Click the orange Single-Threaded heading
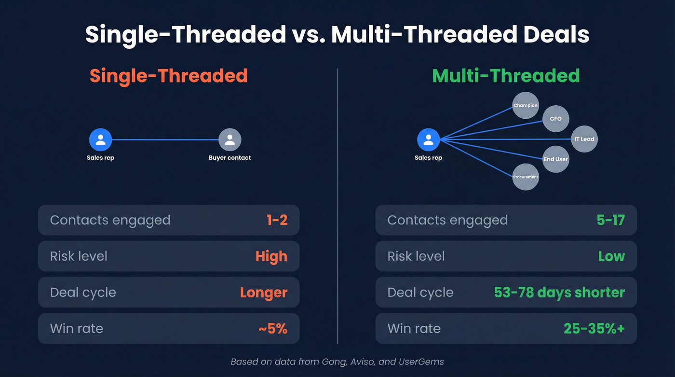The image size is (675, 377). click(168, 76)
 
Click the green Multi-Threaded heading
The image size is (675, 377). click(506, 76)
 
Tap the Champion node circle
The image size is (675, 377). click(525, 105)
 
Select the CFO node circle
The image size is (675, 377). click(555, 118)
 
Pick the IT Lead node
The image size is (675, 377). click(584, 139)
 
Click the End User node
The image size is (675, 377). click(555, 159)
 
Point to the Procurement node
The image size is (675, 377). click(525, 177)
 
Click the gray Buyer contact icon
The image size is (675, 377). click(229, 140)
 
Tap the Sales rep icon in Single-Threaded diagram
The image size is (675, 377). click(100, 140)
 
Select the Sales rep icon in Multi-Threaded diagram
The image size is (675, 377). click(428, 140)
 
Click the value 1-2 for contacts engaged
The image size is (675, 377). click(277, 220)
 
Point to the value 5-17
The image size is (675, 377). click(610, 220)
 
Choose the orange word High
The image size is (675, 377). click(271, 256)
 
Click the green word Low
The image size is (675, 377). click(611, 256)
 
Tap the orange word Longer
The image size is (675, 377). click(263, 293)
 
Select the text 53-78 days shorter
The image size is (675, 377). click(559, 293)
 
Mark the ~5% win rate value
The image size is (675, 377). click(273, 329)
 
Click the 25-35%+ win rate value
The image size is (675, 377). click(594, 329)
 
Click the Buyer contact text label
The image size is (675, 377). click(229, 158)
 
